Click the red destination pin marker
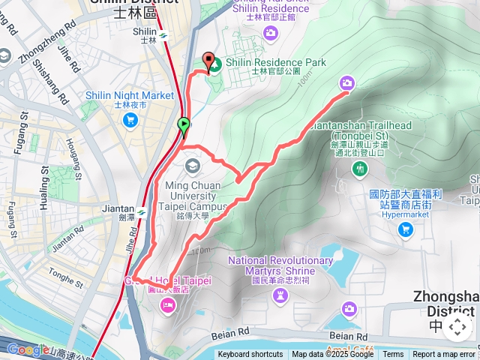(x=207, y=61)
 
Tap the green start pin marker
(x=184, y=125)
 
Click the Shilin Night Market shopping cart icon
(x=131, y=119)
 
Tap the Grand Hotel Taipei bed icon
(x=166, y=304)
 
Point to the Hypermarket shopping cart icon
(x=406, y=229)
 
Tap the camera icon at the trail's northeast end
(x=346, y=82)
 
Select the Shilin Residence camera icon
(x=270, y=33)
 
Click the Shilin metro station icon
(x=163, y=34)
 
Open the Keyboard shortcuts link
(x=250, y=355)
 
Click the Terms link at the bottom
(x=393, y=355)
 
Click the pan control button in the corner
(x=457, y=328)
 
